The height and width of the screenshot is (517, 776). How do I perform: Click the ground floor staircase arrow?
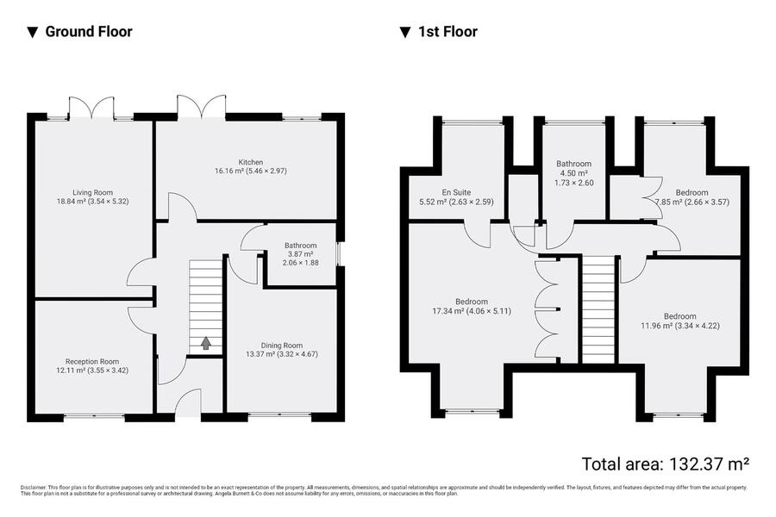click(x=205, y=343)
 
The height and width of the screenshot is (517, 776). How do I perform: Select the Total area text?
click(x=665, y=464)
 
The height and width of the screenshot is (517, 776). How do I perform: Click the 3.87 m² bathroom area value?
click(x=300, y=254)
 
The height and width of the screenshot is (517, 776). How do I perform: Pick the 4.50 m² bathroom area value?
click(x=574, y=173)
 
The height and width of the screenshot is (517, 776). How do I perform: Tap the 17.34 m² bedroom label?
click(x=472, y=306)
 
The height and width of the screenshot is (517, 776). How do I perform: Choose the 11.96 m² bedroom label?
click(x=680, y=321)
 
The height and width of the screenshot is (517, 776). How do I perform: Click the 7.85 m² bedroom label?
click(x=692, y=197)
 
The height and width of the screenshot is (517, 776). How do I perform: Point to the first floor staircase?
click(x=598, y=309)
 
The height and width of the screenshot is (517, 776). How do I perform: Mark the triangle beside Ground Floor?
click(x=33, y=33)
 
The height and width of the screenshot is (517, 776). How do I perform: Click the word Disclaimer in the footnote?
click(x=33, y=488)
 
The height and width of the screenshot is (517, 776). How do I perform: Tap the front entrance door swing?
click(x=188, y=402)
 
